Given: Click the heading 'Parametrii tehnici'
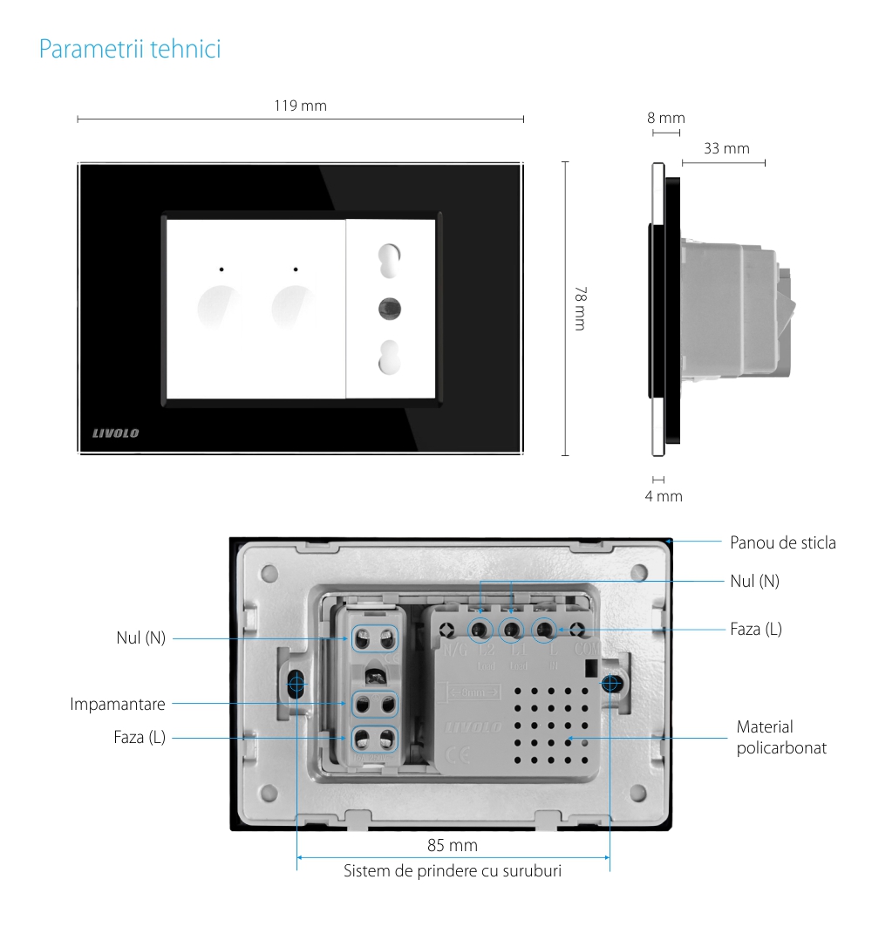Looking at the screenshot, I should click(130, 49).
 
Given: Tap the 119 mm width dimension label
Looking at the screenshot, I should click(300, 106).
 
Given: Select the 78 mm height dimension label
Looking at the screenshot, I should click(579, 308).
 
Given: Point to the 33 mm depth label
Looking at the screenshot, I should click(726, 148).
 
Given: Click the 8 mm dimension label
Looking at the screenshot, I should click(665, 118).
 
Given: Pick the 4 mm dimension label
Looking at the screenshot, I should click(663, 496).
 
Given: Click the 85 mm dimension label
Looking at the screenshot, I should click(452, 845).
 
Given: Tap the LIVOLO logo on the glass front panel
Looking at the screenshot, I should click(116, 433).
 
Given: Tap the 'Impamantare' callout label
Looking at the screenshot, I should click(118, 703).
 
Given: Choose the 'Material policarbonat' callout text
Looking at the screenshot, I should click(780, 737).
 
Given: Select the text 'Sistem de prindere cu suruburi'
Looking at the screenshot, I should click(452, 871).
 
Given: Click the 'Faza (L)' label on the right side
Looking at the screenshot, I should click(755, 628).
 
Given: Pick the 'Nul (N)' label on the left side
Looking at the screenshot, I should click(140, 637).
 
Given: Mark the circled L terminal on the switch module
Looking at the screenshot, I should click(544, 628).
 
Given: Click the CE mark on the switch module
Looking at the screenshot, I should click(458, 756).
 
